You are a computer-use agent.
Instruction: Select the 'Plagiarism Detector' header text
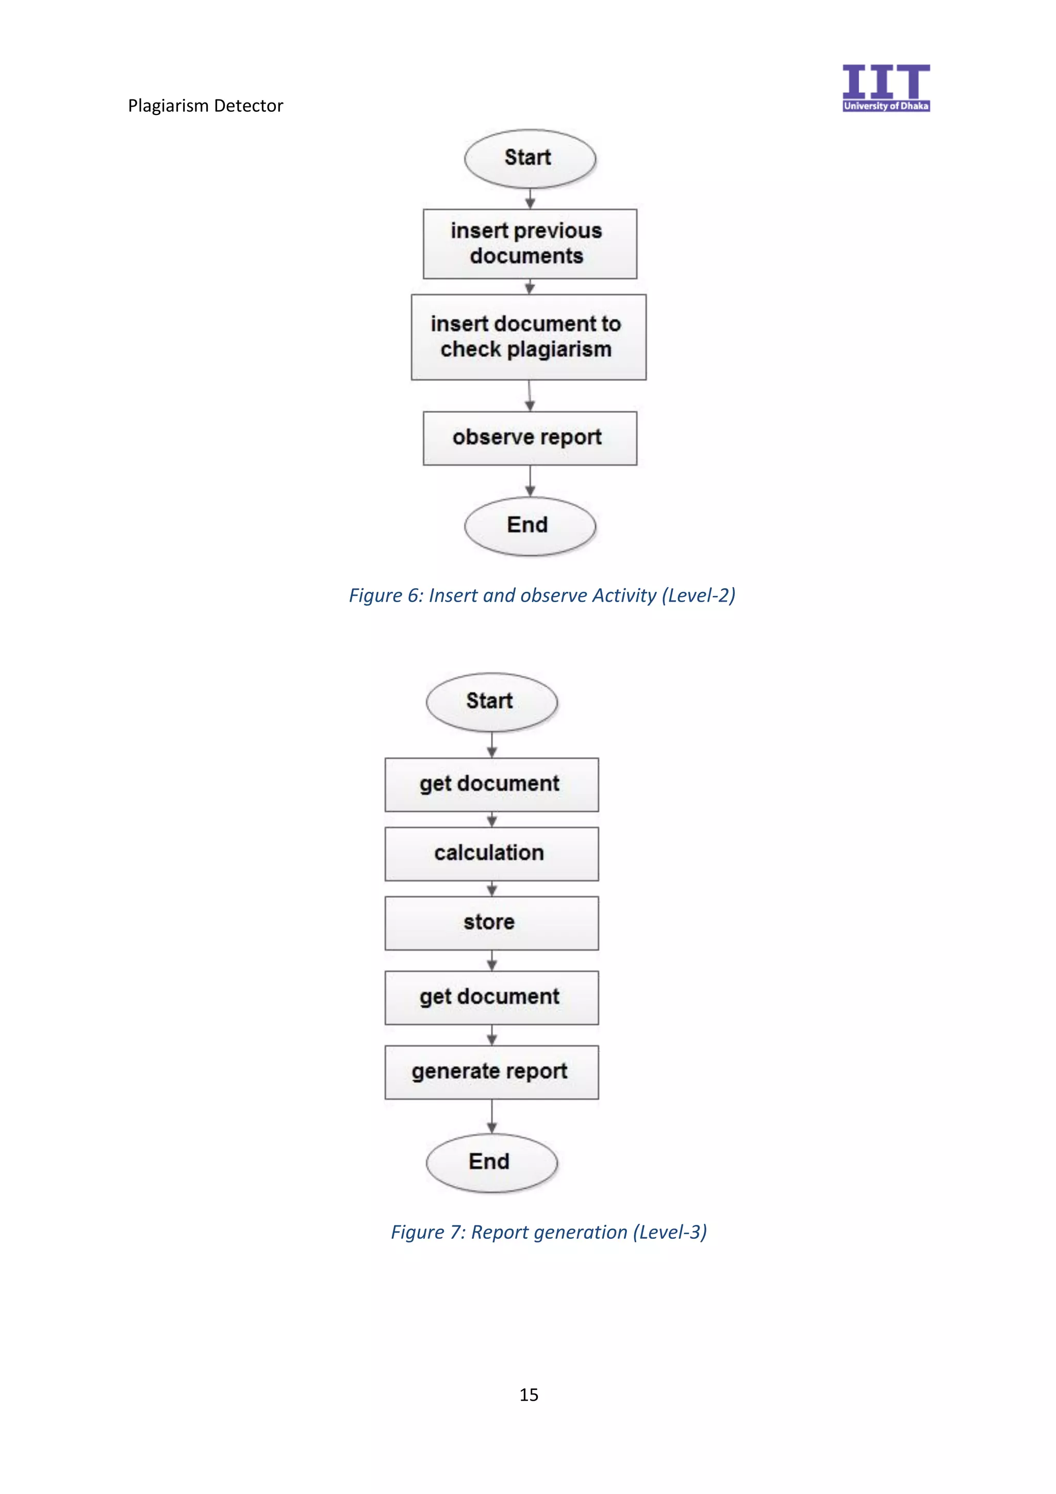(206, 105)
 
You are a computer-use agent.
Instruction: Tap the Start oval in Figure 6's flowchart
(530, 158)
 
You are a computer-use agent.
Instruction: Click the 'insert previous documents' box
(530, 243)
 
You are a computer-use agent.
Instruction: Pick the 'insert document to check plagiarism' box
(529, 337)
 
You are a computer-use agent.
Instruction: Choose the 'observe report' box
(530, 437)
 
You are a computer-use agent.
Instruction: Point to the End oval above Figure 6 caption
(530, 526)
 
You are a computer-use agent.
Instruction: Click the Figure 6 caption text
(542, 595)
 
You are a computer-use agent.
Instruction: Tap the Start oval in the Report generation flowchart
(491, 702)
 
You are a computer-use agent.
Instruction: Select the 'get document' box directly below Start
(491, 784)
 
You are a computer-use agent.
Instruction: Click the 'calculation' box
(491, 853)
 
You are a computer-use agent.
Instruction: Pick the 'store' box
(491, 923)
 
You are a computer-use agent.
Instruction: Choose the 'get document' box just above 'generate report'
(491, 997)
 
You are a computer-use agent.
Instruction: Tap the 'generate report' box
(491, 1072)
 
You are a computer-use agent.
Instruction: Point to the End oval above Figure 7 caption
(491, 1162)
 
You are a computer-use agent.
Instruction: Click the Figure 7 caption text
(549, 1232)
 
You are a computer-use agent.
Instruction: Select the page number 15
(529, 1395)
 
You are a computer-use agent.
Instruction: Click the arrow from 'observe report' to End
(530, 481)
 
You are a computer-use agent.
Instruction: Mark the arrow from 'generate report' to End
(492, 1116)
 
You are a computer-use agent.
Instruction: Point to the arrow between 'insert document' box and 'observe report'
(530, 395)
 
